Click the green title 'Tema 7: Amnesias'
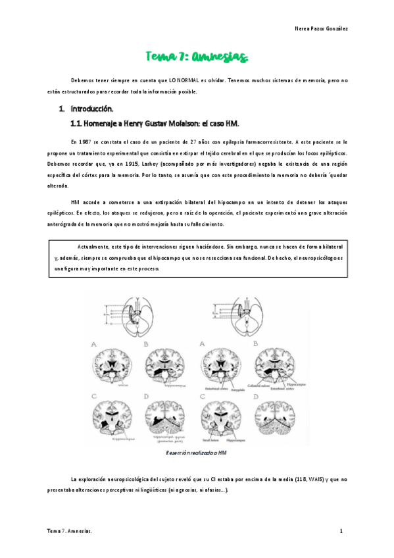coord(197,57)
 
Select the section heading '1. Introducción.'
coord(86,109)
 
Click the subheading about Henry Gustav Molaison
coord(155,123)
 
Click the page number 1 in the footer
coord(341,530)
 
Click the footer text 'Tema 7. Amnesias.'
coord(69,530)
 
